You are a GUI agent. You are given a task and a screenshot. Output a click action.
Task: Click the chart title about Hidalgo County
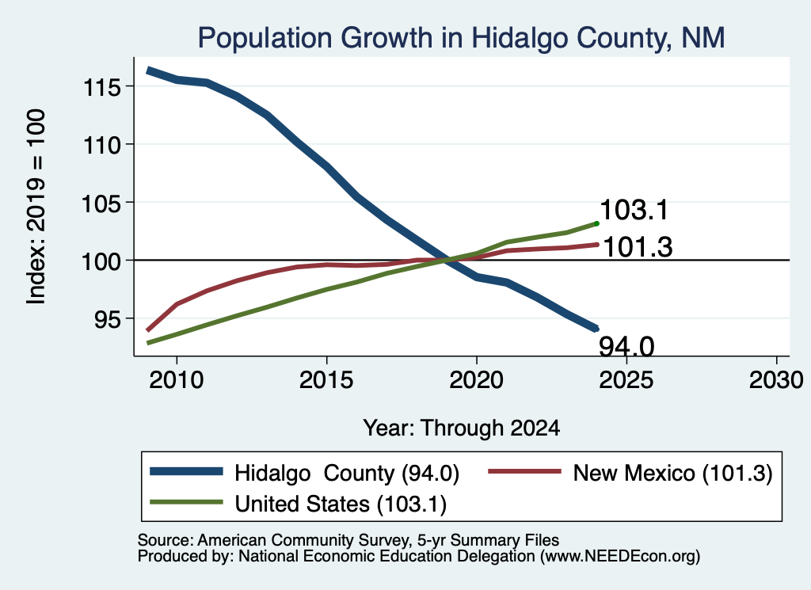tap(461, 38)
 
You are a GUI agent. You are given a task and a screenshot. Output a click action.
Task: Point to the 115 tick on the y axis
tap(102, 87)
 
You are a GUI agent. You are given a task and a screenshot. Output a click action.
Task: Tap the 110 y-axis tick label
tap(102, 145)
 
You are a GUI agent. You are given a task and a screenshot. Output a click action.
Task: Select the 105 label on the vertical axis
tap(102, 204)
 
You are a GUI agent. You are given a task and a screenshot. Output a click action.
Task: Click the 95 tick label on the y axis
tap(108, 320)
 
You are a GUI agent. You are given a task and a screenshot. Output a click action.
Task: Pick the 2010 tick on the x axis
tap(177, 381)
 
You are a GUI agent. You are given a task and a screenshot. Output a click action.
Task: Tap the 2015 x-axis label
tap(326, 381)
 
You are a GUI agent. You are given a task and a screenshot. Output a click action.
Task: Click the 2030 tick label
tap(776, 381)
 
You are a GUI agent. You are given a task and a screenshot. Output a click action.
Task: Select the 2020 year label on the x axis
tap(476, 381)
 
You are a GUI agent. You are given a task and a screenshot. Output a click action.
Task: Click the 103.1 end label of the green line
tap(634, 210)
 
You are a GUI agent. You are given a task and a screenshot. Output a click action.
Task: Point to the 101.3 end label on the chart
tap(638, 247)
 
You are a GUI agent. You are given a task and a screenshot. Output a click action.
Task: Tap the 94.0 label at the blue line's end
tap(626, 346)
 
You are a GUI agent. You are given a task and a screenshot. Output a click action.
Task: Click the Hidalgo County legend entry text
tap(347, 473)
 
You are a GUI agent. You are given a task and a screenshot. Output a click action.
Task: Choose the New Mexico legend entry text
tap(672, 473)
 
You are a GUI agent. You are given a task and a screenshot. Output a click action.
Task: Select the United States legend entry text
tap(341, 504)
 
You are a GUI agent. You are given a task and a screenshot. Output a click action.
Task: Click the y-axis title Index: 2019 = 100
tap(36, 207)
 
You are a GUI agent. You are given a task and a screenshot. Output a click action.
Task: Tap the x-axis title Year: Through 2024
tap(462, 428)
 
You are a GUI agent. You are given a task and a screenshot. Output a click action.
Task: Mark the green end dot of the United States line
tap(597, 224)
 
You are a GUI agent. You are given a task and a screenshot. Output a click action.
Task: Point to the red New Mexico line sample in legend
tap(525, 471)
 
